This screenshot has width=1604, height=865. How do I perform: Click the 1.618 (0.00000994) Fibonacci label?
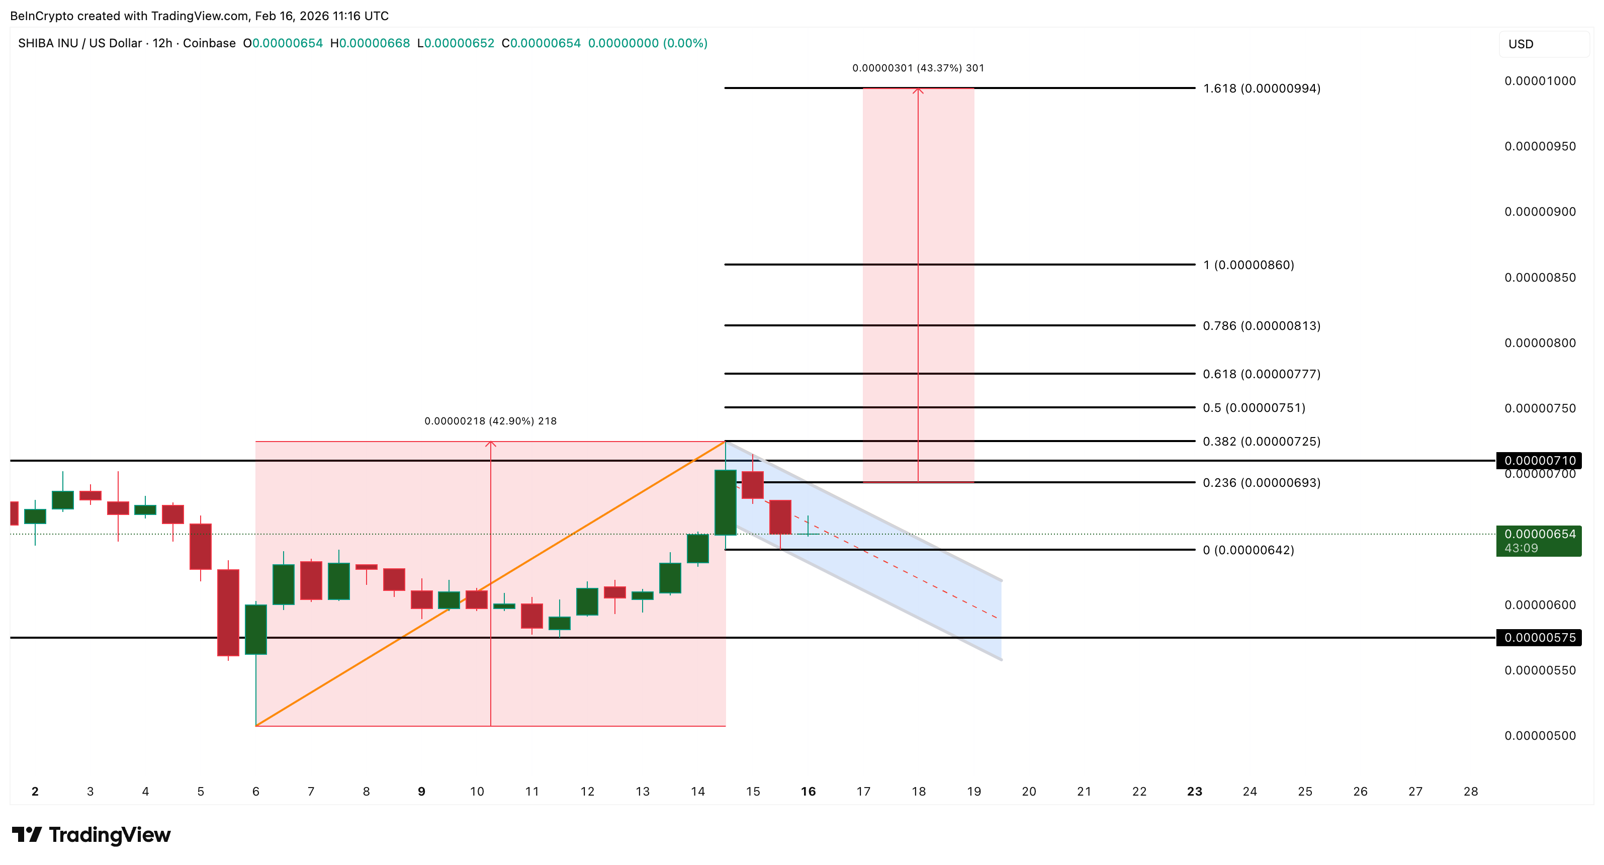(1261, 89)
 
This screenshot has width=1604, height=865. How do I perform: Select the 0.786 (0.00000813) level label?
(1261, 326)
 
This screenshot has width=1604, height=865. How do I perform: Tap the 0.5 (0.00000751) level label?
(1254, 408)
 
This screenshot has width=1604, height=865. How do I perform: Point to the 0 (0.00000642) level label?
(1248, 550)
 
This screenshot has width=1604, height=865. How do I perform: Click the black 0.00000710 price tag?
(1539, 460)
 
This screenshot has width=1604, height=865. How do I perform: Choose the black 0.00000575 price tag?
(1539, 638)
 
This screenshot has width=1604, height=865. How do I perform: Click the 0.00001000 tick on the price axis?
(1540, 81)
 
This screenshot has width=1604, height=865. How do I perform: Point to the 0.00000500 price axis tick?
(1540, 735)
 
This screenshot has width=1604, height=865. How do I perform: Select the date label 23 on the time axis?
(1194, 792)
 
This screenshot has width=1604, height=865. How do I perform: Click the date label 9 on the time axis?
(421, 792)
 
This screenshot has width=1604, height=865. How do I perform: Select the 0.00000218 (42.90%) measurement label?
(490, 421)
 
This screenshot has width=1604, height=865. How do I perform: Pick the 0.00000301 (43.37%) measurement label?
(918, 68)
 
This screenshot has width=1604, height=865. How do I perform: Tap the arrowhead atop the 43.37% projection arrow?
(918, 91)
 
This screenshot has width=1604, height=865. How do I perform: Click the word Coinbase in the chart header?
(209, 43)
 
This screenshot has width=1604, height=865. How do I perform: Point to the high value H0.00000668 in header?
(370, 43)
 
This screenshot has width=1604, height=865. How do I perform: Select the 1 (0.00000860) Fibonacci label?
(1248, 265)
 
